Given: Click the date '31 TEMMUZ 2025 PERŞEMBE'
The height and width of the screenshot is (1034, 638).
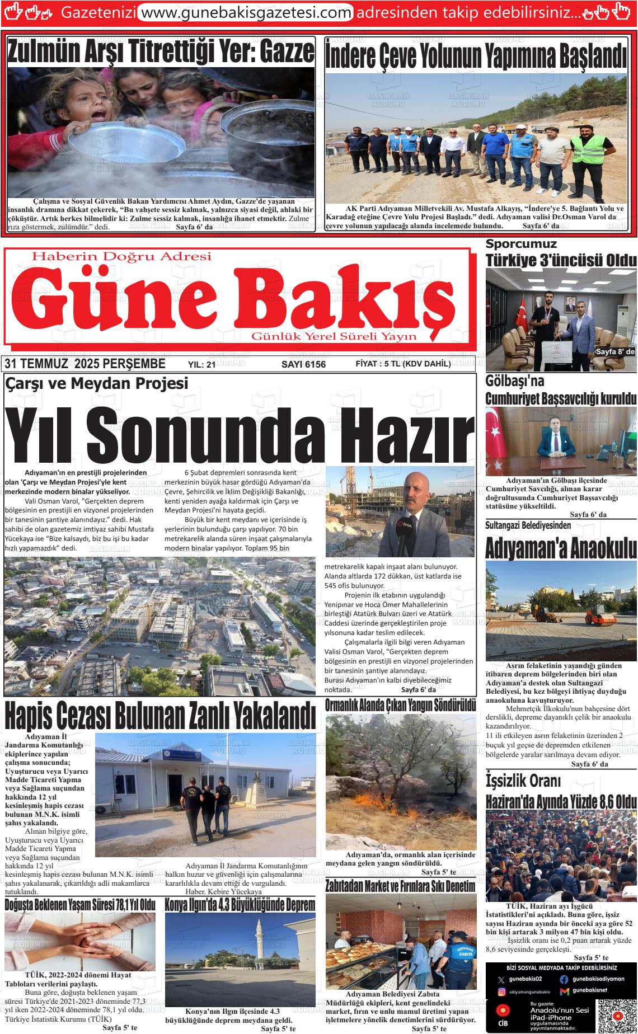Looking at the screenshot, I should (85, 364).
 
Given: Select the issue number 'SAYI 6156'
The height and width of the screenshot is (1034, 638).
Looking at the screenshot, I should (303, 365).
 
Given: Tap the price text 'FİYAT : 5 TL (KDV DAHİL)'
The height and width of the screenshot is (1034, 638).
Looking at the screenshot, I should (403, 364).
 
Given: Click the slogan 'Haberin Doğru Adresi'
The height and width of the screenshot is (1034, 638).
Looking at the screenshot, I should (123, 256).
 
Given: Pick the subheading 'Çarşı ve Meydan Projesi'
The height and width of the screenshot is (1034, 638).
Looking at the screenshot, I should (96, 383).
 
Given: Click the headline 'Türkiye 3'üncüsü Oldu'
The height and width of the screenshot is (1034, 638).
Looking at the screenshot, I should (561, 260).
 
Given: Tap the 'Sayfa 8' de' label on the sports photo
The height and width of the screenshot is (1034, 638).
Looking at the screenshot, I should (615, 351).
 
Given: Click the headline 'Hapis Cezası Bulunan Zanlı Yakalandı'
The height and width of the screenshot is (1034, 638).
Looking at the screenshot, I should (160, 715).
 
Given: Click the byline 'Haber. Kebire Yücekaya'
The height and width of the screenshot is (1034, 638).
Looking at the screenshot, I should (223, 891).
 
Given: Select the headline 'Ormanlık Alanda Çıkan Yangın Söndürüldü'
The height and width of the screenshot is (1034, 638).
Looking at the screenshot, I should (401, 704).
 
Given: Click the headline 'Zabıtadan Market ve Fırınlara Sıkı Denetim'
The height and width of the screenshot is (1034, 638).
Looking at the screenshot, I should (400, 886).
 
